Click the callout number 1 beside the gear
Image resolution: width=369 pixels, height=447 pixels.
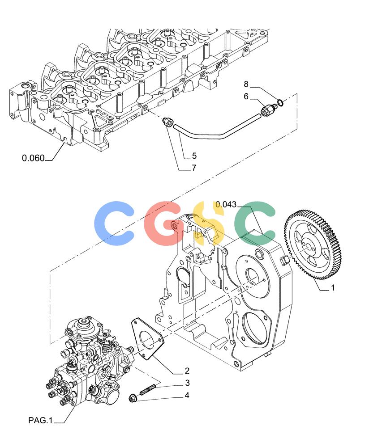tap(333, 288)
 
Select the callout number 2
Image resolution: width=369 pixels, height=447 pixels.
tap(187, 371)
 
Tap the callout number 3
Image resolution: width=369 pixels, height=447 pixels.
tap(187, 383)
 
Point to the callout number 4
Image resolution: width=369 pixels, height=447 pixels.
tap(187, 396)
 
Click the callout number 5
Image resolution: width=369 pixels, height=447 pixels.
tap(194, 156)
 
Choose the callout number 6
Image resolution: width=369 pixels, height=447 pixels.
tap(246, 97)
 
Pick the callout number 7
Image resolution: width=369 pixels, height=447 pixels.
tap(194, 168)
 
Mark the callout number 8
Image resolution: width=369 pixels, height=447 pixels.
tap(246, 84)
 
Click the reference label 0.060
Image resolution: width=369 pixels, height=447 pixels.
tap(34, 158)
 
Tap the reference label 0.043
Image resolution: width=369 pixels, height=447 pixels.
tap(226, 204)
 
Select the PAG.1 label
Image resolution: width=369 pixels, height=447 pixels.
tap(41, 420)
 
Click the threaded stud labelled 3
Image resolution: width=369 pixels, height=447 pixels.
tap(148, 389)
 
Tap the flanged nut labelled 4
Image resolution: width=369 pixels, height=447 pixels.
tap(133, 397)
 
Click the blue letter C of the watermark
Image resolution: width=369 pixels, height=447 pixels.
tap(114, 223)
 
